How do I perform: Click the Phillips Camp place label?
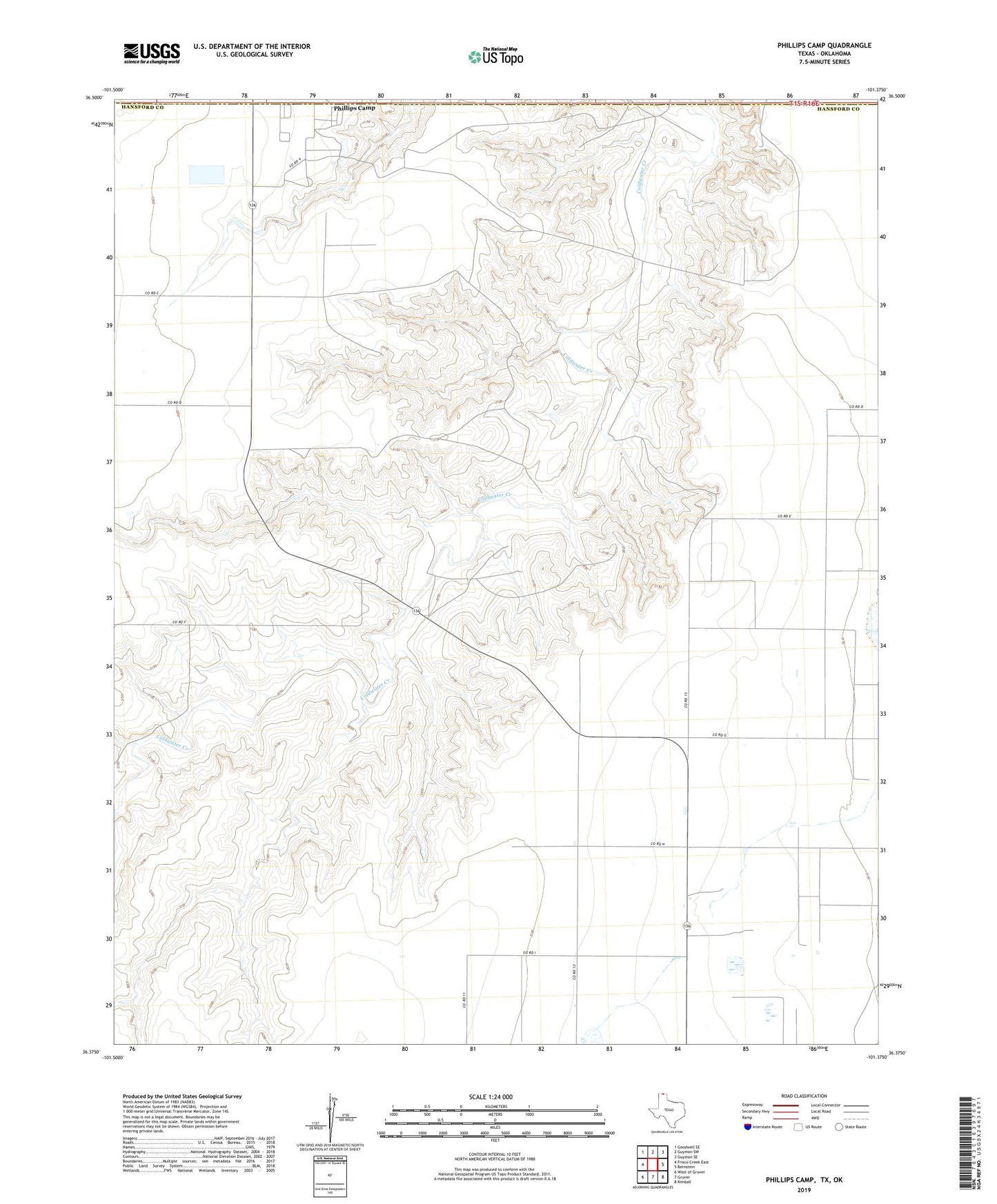pos(354,108)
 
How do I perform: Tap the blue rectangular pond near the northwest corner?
pos(207,174)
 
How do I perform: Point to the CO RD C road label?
pos(152,294)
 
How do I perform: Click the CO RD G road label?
pos(720,736)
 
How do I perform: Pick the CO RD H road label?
pos(657,844)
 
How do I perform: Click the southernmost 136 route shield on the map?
pos(687,925)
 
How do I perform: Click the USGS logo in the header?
pos(152,53)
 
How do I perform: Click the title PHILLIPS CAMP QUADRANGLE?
pos(824,46)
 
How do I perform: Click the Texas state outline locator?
pos(660,1111)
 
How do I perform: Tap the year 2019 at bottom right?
pos(803,1190)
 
